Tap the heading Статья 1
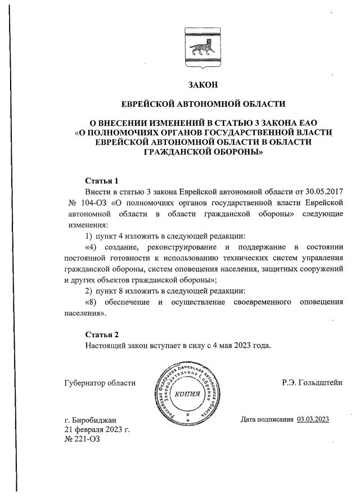click(x=102, y=181)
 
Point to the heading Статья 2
click(x=102, y=334)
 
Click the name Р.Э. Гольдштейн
click(x=313, y=383)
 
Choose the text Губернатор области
click(x=101, y=383)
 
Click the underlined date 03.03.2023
click(x=313, y=419)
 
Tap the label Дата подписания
click(x=267, y=419)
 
